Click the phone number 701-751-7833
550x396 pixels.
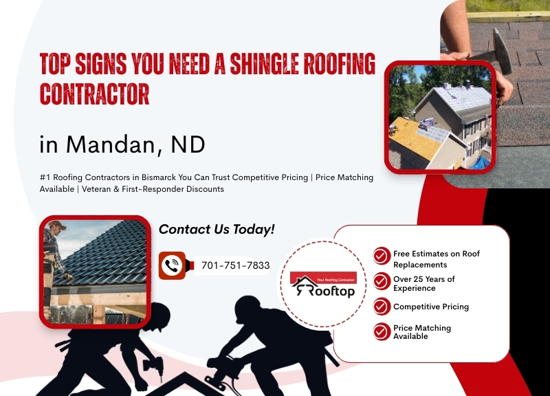coord(235,265)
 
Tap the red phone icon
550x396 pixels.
coord(173,265)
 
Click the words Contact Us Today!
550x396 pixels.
coord(217,229)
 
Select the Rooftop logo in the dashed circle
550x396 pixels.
coord(322,285)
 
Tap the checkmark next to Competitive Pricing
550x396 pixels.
coord(382,307)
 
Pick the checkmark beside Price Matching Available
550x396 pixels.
coord(382,331)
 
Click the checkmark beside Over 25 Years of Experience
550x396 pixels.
coord(382,282)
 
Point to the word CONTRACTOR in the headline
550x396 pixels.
coord(94,94)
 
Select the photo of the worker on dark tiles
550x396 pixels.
coord(95,270)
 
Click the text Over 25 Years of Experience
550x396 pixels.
coord(423,283)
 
